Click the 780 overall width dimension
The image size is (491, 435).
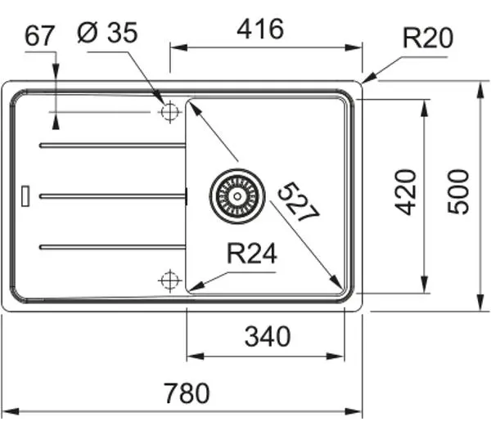[x=187, y=393]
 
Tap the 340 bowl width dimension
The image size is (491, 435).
[x=268, y=337]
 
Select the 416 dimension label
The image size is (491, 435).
[x=260, y=29]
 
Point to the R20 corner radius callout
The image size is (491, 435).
[x=428, y=38]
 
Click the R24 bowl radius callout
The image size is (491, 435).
[x=252, y=253]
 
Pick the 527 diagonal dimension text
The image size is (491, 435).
[x=299, y=202]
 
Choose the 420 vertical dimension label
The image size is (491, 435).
[x=406, y=192]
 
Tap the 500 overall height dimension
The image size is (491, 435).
[x=458, y=192]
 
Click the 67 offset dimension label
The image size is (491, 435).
[x=39, y=36]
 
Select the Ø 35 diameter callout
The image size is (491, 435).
[x=107, y=32]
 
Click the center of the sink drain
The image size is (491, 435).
[x=237, y=196]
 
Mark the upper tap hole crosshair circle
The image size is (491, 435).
[x=169, y=112]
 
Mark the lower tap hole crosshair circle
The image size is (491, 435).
[x=169, y=280]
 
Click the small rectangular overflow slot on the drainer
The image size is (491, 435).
[x=25, y=196]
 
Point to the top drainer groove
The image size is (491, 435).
[x=113, y=146]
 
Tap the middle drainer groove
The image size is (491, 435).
[x=113, y=196]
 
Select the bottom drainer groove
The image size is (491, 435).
[x=113, y=247]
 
